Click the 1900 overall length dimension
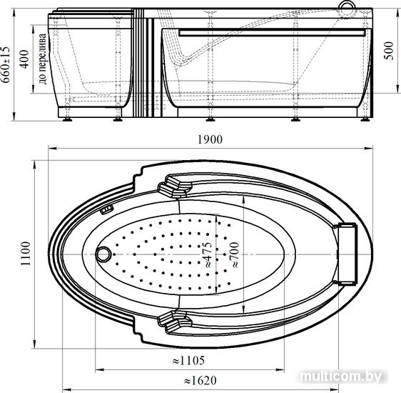[x=210, y=139]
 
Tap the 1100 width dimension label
[x=26, y=254]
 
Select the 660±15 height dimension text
[x=6, y=64]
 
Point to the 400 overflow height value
[x=24, y=59]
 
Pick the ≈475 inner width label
[x=208, y=255]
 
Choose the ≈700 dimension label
[x=235, y=255]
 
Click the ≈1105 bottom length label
[x=188, y=360]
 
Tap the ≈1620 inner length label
[x=200, y=380]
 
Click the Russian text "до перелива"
[x=43, y=59]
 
